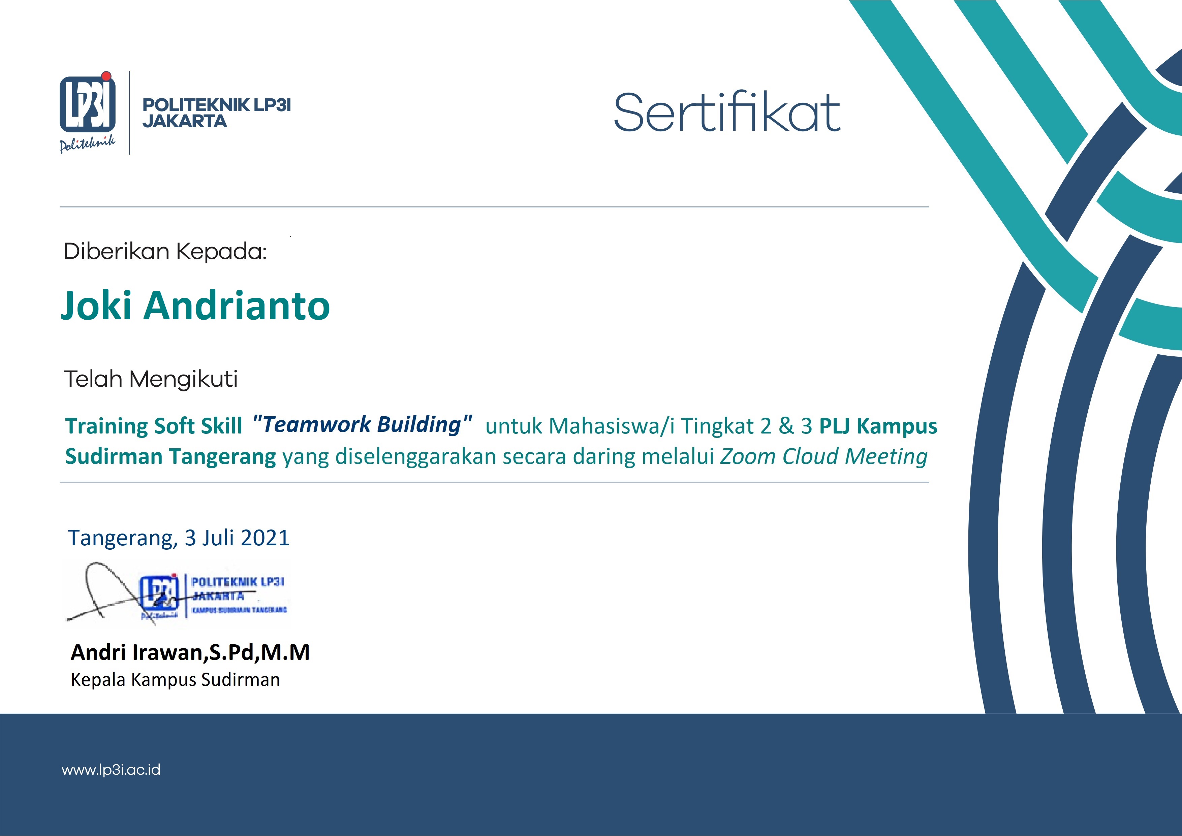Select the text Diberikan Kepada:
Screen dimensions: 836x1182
click(165, 251)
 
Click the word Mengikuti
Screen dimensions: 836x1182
click(183, 379)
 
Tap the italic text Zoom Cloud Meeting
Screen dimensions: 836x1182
click(824, 457)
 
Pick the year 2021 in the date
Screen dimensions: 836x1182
click(265, 538)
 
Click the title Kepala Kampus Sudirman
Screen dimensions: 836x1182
click(175, 680)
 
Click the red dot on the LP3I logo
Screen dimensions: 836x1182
click(106, 76)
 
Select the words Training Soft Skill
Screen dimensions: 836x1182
click(153, 426)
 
